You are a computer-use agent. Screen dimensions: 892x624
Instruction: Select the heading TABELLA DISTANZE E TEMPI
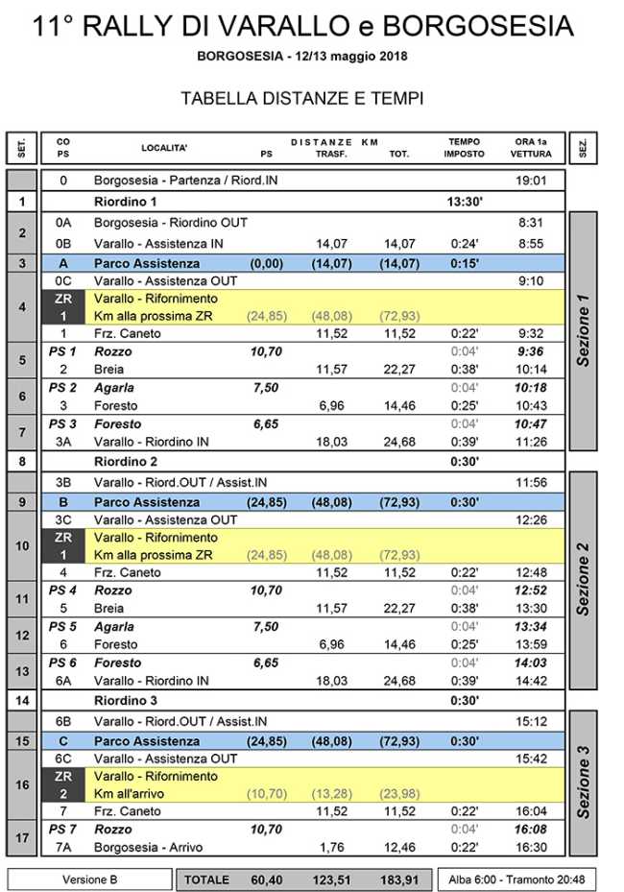pos(302,99)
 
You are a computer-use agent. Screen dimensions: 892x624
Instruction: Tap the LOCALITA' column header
pos(164,148)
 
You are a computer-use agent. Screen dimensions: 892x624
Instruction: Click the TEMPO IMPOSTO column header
pos(464,148)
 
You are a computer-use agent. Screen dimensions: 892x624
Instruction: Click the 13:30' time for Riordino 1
pos(464,202)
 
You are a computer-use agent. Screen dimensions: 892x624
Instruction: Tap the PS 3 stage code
pos(62,423)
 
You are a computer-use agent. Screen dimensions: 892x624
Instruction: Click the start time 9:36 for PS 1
pos(530,351)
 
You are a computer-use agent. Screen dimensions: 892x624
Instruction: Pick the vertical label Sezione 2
pos(583,579)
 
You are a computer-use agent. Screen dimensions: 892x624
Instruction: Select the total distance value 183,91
pos(399,880)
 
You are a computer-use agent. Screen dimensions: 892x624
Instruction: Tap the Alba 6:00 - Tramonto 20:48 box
pos(518,880)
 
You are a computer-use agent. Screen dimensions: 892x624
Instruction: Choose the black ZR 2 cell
pos(63,784)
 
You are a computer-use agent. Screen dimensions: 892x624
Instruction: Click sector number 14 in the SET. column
pos(21,700)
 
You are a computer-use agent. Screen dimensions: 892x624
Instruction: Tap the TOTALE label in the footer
pos(206,880)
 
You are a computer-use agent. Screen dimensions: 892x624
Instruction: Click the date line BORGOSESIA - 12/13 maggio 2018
pos(302,56)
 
